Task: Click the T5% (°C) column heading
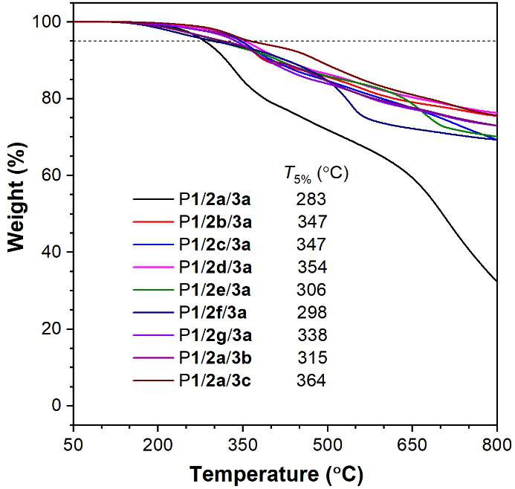click(x=316, y=174)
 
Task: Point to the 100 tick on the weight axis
click(x=47, y=22)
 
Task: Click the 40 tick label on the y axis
click(x=52, y=253)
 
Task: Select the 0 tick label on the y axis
click(x=56, y=406)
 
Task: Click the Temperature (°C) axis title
click(x=285, y=473)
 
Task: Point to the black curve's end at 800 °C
click(x=496, y=282)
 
